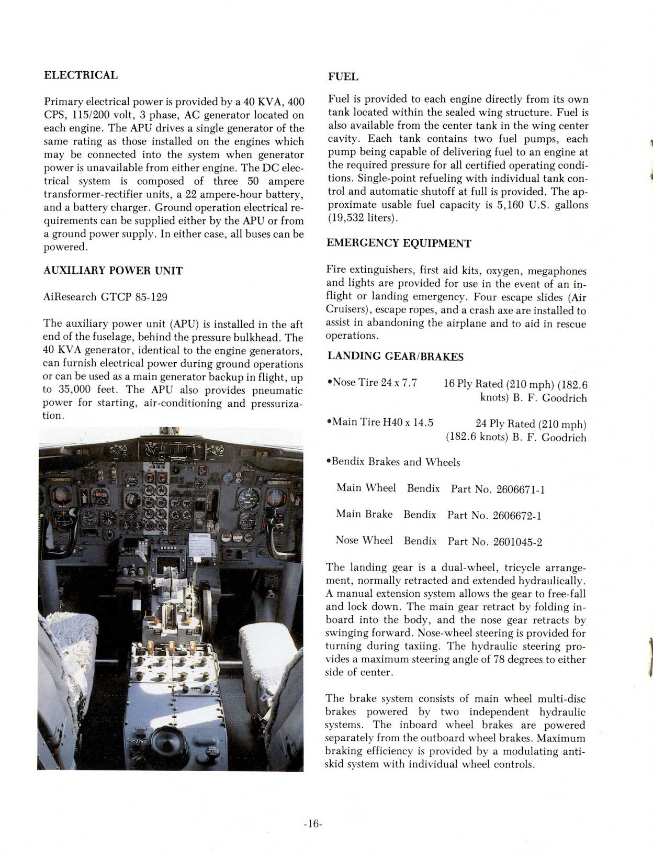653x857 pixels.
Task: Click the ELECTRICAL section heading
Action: point(81,75)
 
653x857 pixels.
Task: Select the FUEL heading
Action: point(343,76)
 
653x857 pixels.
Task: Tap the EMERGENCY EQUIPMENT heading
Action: point(399,243)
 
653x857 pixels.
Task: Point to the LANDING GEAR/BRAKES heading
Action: point(395,357)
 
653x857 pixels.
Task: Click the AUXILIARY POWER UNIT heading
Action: point(112,271)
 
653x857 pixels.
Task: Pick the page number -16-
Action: point(313,823)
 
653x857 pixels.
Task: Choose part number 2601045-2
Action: point(517,542)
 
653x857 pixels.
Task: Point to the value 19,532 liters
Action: point(362,218)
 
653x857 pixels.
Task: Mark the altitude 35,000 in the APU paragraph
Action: point(72,389)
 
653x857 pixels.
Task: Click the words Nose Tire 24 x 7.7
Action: point(371,383)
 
